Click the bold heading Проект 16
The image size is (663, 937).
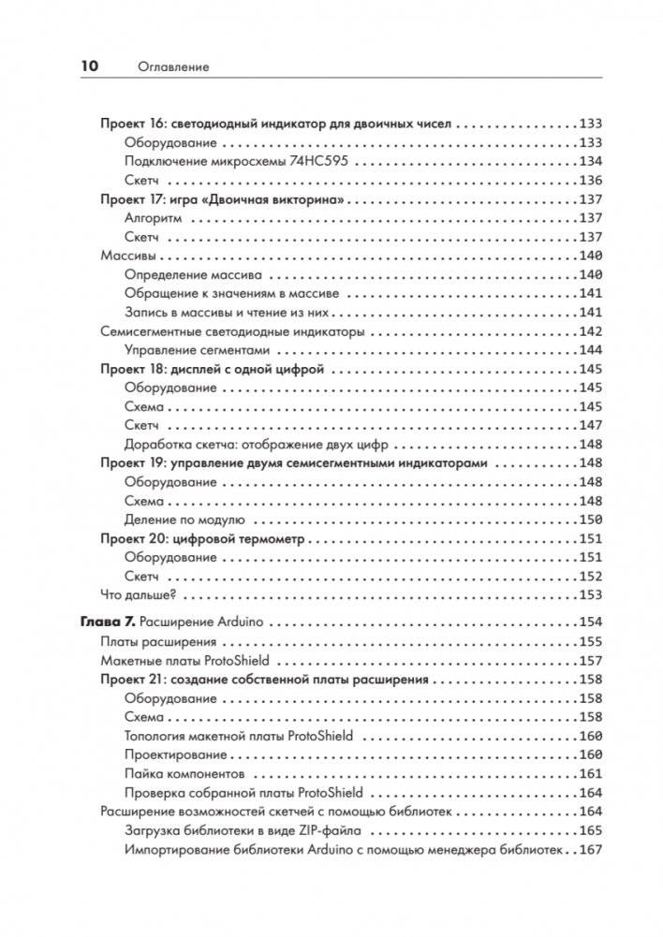tap(132, 124)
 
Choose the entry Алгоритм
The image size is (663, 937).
tap(155, 218)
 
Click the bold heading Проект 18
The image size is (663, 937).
tap(132, 370)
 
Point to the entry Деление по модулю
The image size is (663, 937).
tap(184, 520)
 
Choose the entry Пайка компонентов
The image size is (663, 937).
tap(184, 774)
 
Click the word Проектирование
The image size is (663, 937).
tap(175, 754)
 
